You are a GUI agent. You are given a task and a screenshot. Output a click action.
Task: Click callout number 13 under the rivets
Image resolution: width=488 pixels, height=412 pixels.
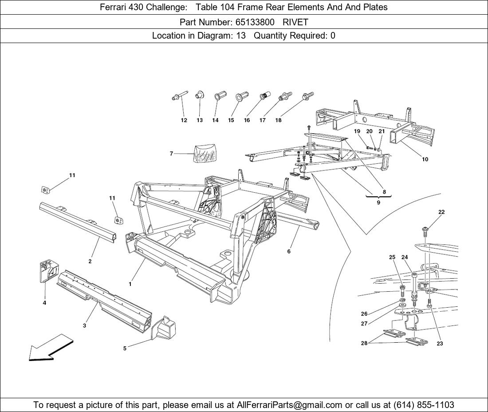point(200,120)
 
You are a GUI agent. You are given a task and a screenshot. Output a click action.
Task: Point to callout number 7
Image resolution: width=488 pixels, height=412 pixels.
point(171,154)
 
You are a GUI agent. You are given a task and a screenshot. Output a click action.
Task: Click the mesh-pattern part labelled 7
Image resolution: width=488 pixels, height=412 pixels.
point(205,153)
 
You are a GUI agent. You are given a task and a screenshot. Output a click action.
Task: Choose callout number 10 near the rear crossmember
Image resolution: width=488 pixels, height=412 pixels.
point(425,159)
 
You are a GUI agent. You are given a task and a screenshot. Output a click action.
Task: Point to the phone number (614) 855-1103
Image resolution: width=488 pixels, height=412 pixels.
point(424,405)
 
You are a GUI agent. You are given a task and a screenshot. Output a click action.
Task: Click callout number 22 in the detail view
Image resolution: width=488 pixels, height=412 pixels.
point(441,212)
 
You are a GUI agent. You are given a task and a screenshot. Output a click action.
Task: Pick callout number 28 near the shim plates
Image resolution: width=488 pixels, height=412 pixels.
point(364,343)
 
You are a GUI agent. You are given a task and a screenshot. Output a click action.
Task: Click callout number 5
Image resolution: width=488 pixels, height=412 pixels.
point(125,349)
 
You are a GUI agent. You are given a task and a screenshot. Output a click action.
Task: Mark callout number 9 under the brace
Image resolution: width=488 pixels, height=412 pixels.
point(378,202)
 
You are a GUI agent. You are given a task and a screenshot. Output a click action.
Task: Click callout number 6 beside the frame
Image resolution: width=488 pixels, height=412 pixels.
point(289,252)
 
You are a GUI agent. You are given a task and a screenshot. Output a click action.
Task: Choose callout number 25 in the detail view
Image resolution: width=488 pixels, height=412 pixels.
point(392,257)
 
